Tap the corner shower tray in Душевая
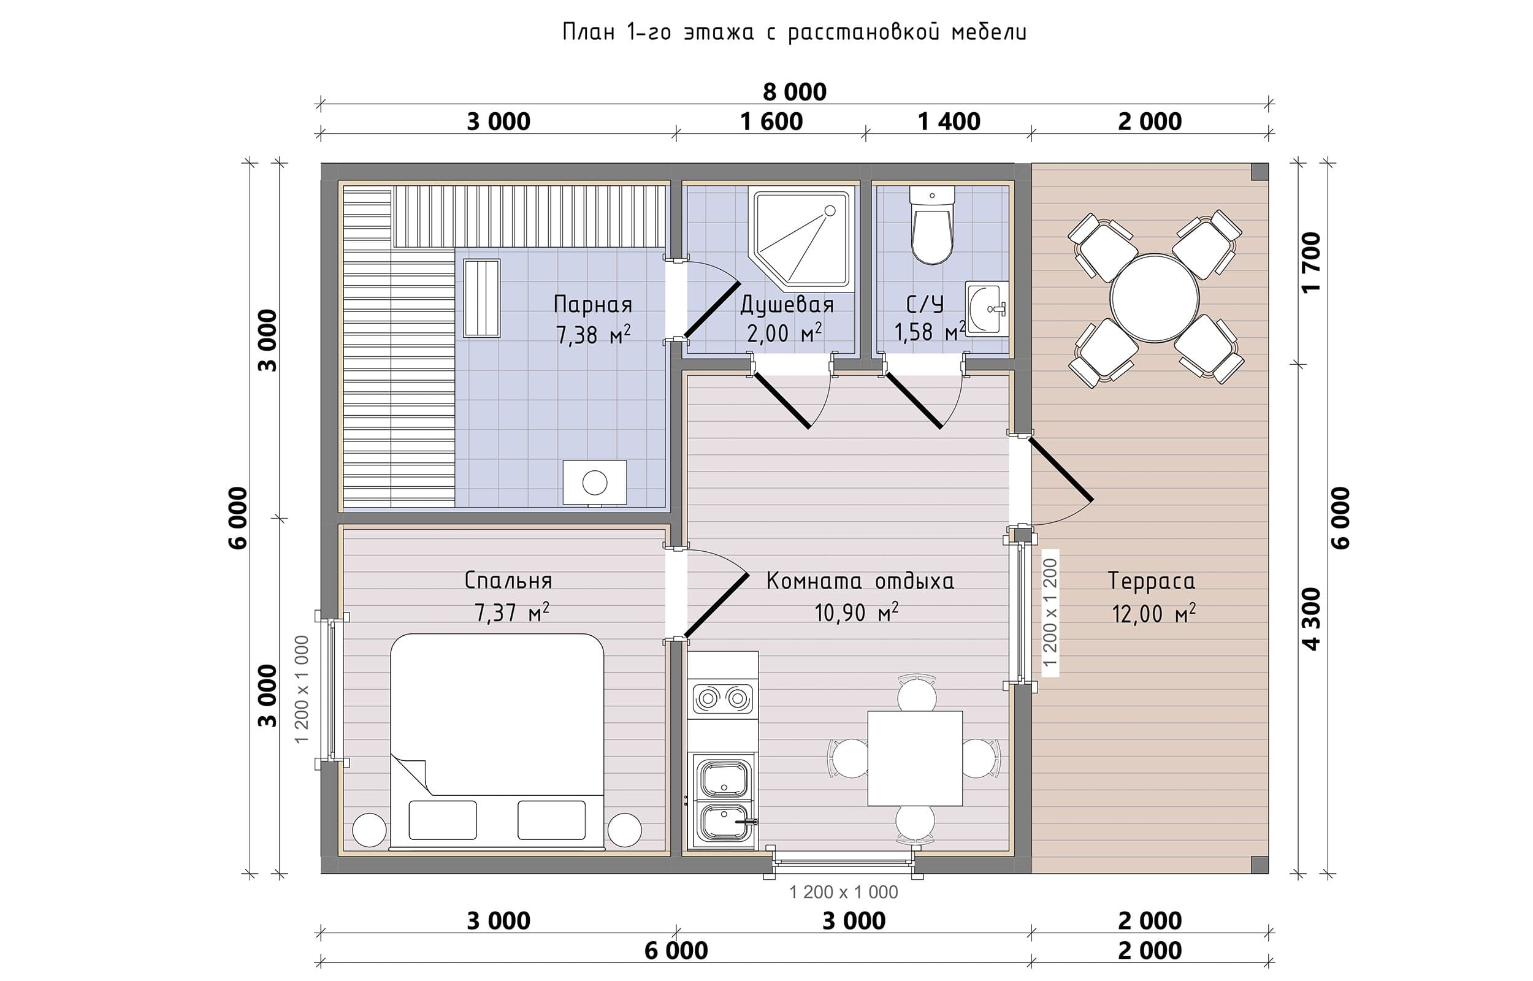tap(802, 239)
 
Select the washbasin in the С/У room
tap(987, 308)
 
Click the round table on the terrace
tap(1154, 297)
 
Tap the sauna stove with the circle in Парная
tap(595, 482)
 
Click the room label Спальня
tap(508, 580)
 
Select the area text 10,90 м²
tap(856, 612)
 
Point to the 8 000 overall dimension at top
tap(794, 93)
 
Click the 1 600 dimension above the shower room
tap(771, 121)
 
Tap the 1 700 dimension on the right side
tap(1312, 262)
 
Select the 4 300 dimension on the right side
tap(1312, 619)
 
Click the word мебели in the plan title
tap(989, 32)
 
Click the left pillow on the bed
tap(443, 820)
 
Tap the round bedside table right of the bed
tap(624, 830)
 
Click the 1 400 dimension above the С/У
tap(949, 121)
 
